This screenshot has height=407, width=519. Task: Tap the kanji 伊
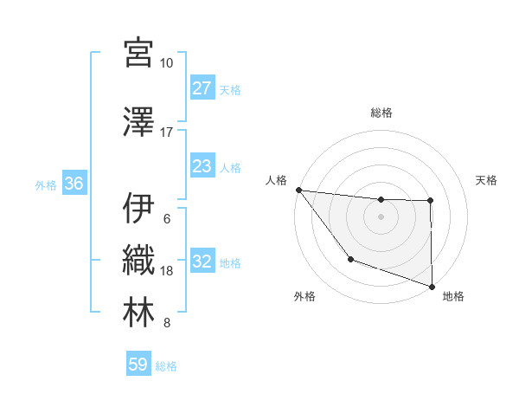138,208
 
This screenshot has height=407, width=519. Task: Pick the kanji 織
138,260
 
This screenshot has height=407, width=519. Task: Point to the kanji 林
138,313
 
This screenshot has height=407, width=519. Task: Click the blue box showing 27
202,88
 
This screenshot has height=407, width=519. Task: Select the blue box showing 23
202,166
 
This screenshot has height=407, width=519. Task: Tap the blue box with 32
202,262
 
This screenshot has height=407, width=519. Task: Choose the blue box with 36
74,184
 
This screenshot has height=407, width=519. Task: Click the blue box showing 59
138,365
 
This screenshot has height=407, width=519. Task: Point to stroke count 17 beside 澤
167,132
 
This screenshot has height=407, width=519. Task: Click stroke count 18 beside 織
167,271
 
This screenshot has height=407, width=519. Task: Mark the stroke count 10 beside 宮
167,63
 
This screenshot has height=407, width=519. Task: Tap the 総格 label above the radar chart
381,113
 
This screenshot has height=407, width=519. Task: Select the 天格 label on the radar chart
487,180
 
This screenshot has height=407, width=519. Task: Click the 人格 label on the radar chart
276,180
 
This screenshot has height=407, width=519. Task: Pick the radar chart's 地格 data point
432,286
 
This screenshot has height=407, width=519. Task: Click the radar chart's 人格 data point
298,190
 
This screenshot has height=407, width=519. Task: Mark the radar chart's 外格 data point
350,259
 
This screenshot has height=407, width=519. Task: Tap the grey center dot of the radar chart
381,216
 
